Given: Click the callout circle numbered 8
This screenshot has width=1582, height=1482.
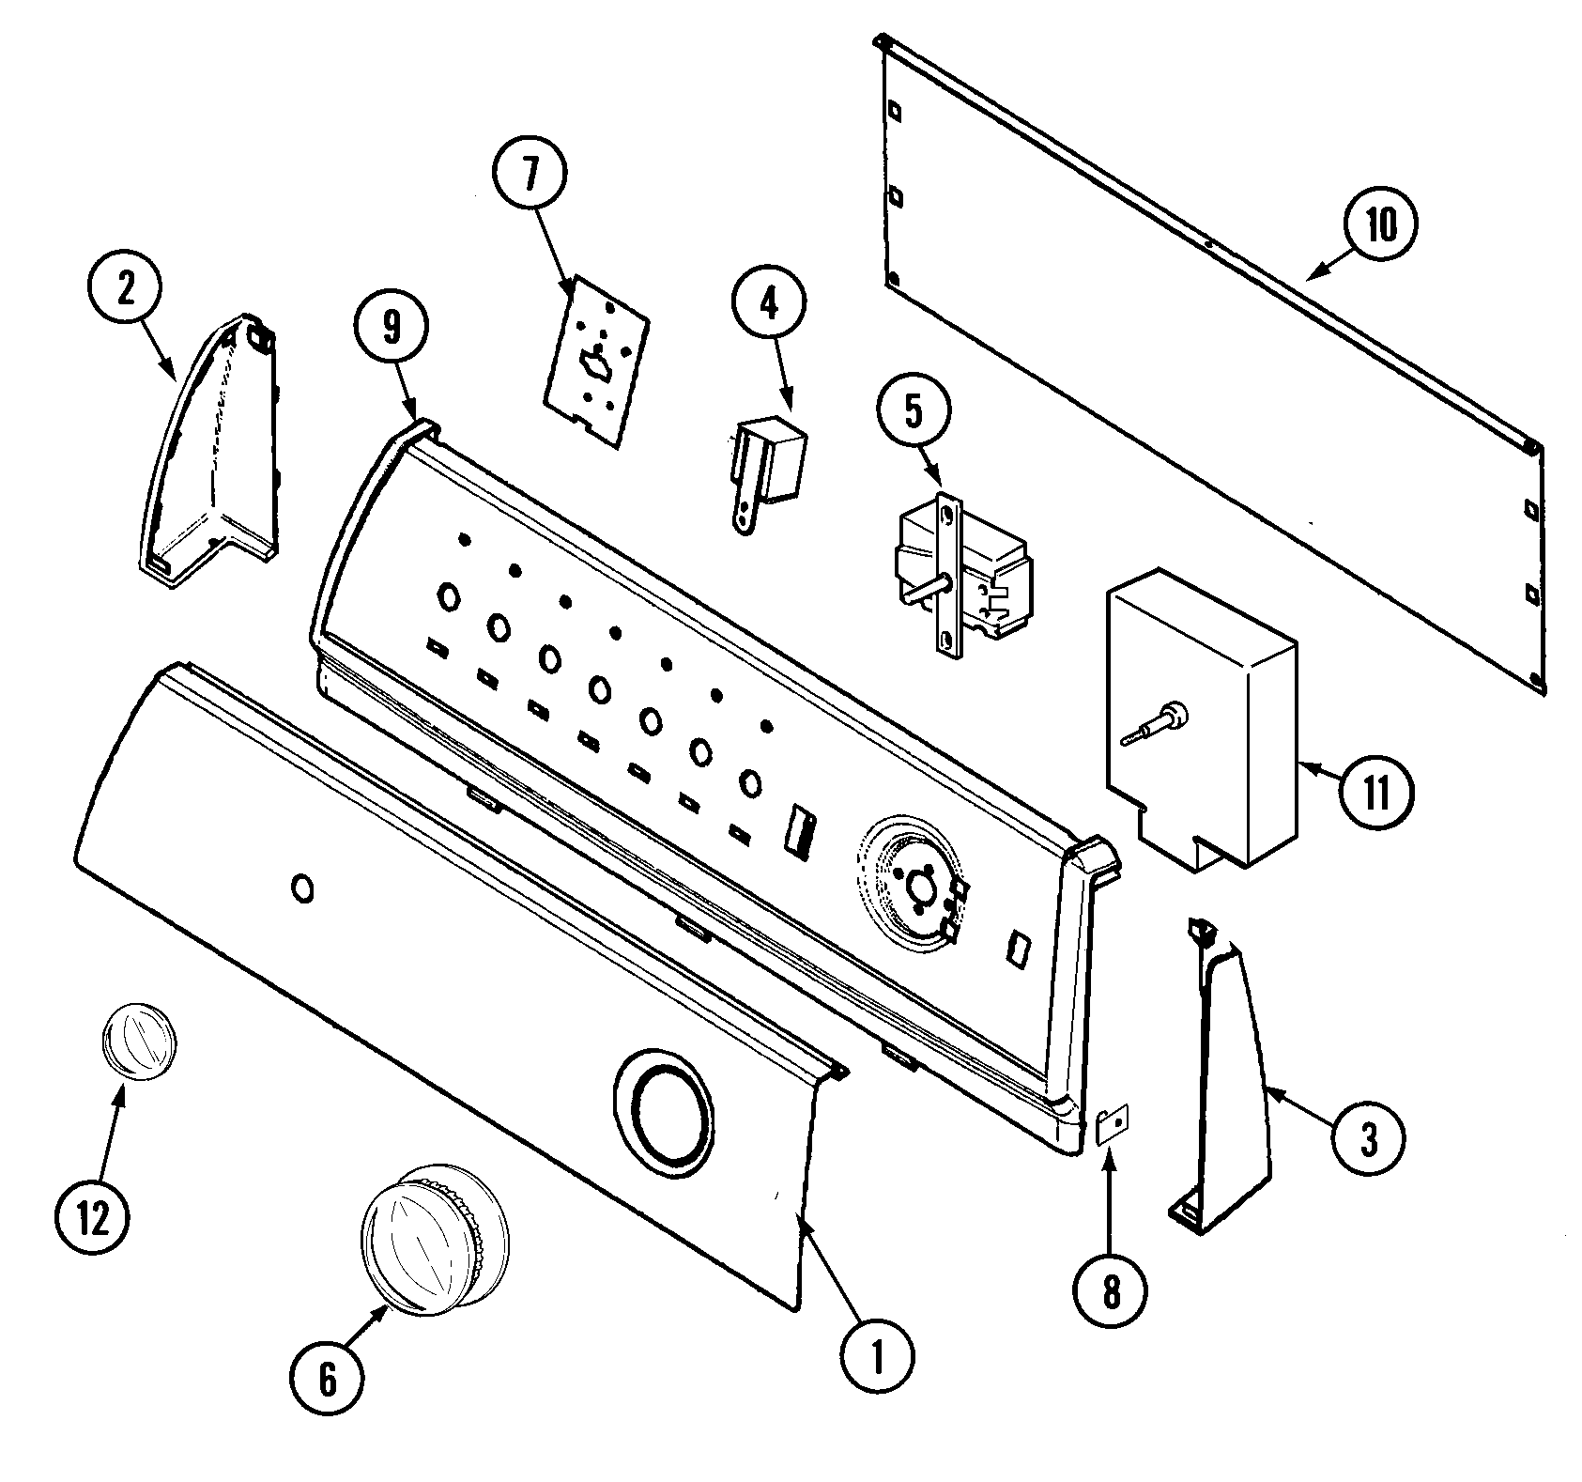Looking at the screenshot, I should pos(1111,1292).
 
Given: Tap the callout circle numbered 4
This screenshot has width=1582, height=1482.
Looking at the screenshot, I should pos(769,307).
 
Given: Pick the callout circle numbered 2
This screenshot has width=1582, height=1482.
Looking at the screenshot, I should pos(125,289).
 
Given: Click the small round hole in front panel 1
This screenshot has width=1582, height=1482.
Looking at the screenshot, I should pos(303,888).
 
